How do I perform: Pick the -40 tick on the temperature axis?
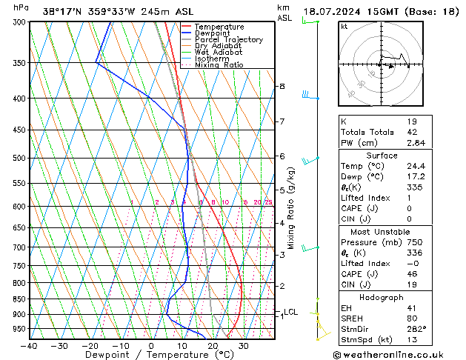tap(29, 345)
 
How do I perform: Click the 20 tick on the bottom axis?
tap(212, 345)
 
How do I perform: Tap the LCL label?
tap(290, 312)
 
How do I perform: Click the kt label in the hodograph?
tap(344, 26)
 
